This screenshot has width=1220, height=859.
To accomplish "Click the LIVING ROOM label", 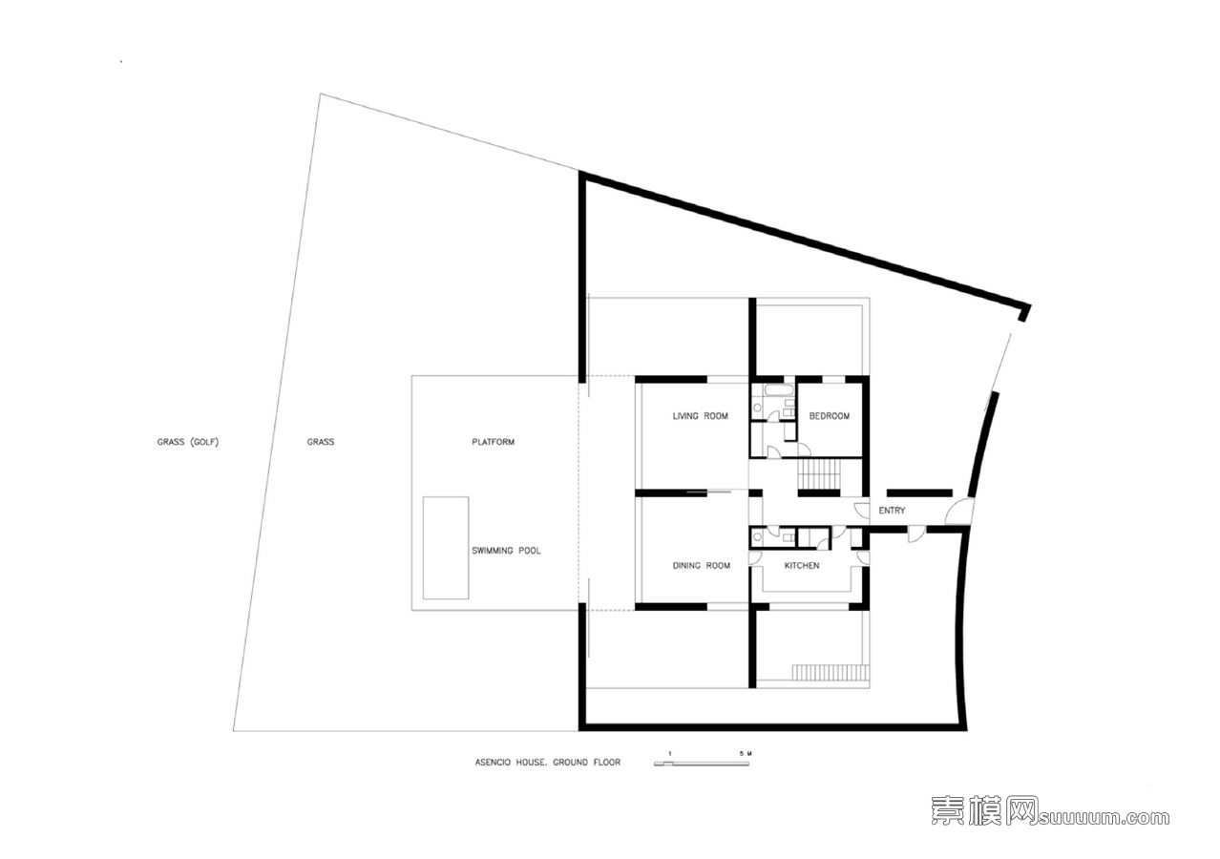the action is click(700, 416).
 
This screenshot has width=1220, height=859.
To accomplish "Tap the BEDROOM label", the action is click(829, 416).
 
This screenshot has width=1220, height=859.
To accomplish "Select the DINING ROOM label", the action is click(701, 565).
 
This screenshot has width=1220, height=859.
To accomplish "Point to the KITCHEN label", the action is click(802, 565).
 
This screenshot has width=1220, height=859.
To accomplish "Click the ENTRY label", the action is click(892, 511).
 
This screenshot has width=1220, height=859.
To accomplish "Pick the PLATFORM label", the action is click(493, 442).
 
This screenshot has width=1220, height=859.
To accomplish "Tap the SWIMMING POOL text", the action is click(506, 551).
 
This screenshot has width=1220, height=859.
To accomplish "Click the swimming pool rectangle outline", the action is click(423, 548).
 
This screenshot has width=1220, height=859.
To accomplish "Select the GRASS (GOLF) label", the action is click(188, 442).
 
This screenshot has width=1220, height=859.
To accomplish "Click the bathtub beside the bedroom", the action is click(779, 390).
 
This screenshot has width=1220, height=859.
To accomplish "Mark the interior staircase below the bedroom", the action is click(819, 474).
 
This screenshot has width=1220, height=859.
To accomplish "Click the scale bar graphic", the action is click(702, 764).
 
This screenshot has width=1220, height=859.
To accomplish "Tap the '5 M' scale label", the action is click(746, 753).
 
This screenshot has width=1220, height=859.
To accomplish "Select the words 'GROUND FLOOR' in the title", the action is click(586, 763).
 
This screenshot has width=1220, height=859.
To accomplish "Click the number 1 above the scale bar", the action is click(670, 753).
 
